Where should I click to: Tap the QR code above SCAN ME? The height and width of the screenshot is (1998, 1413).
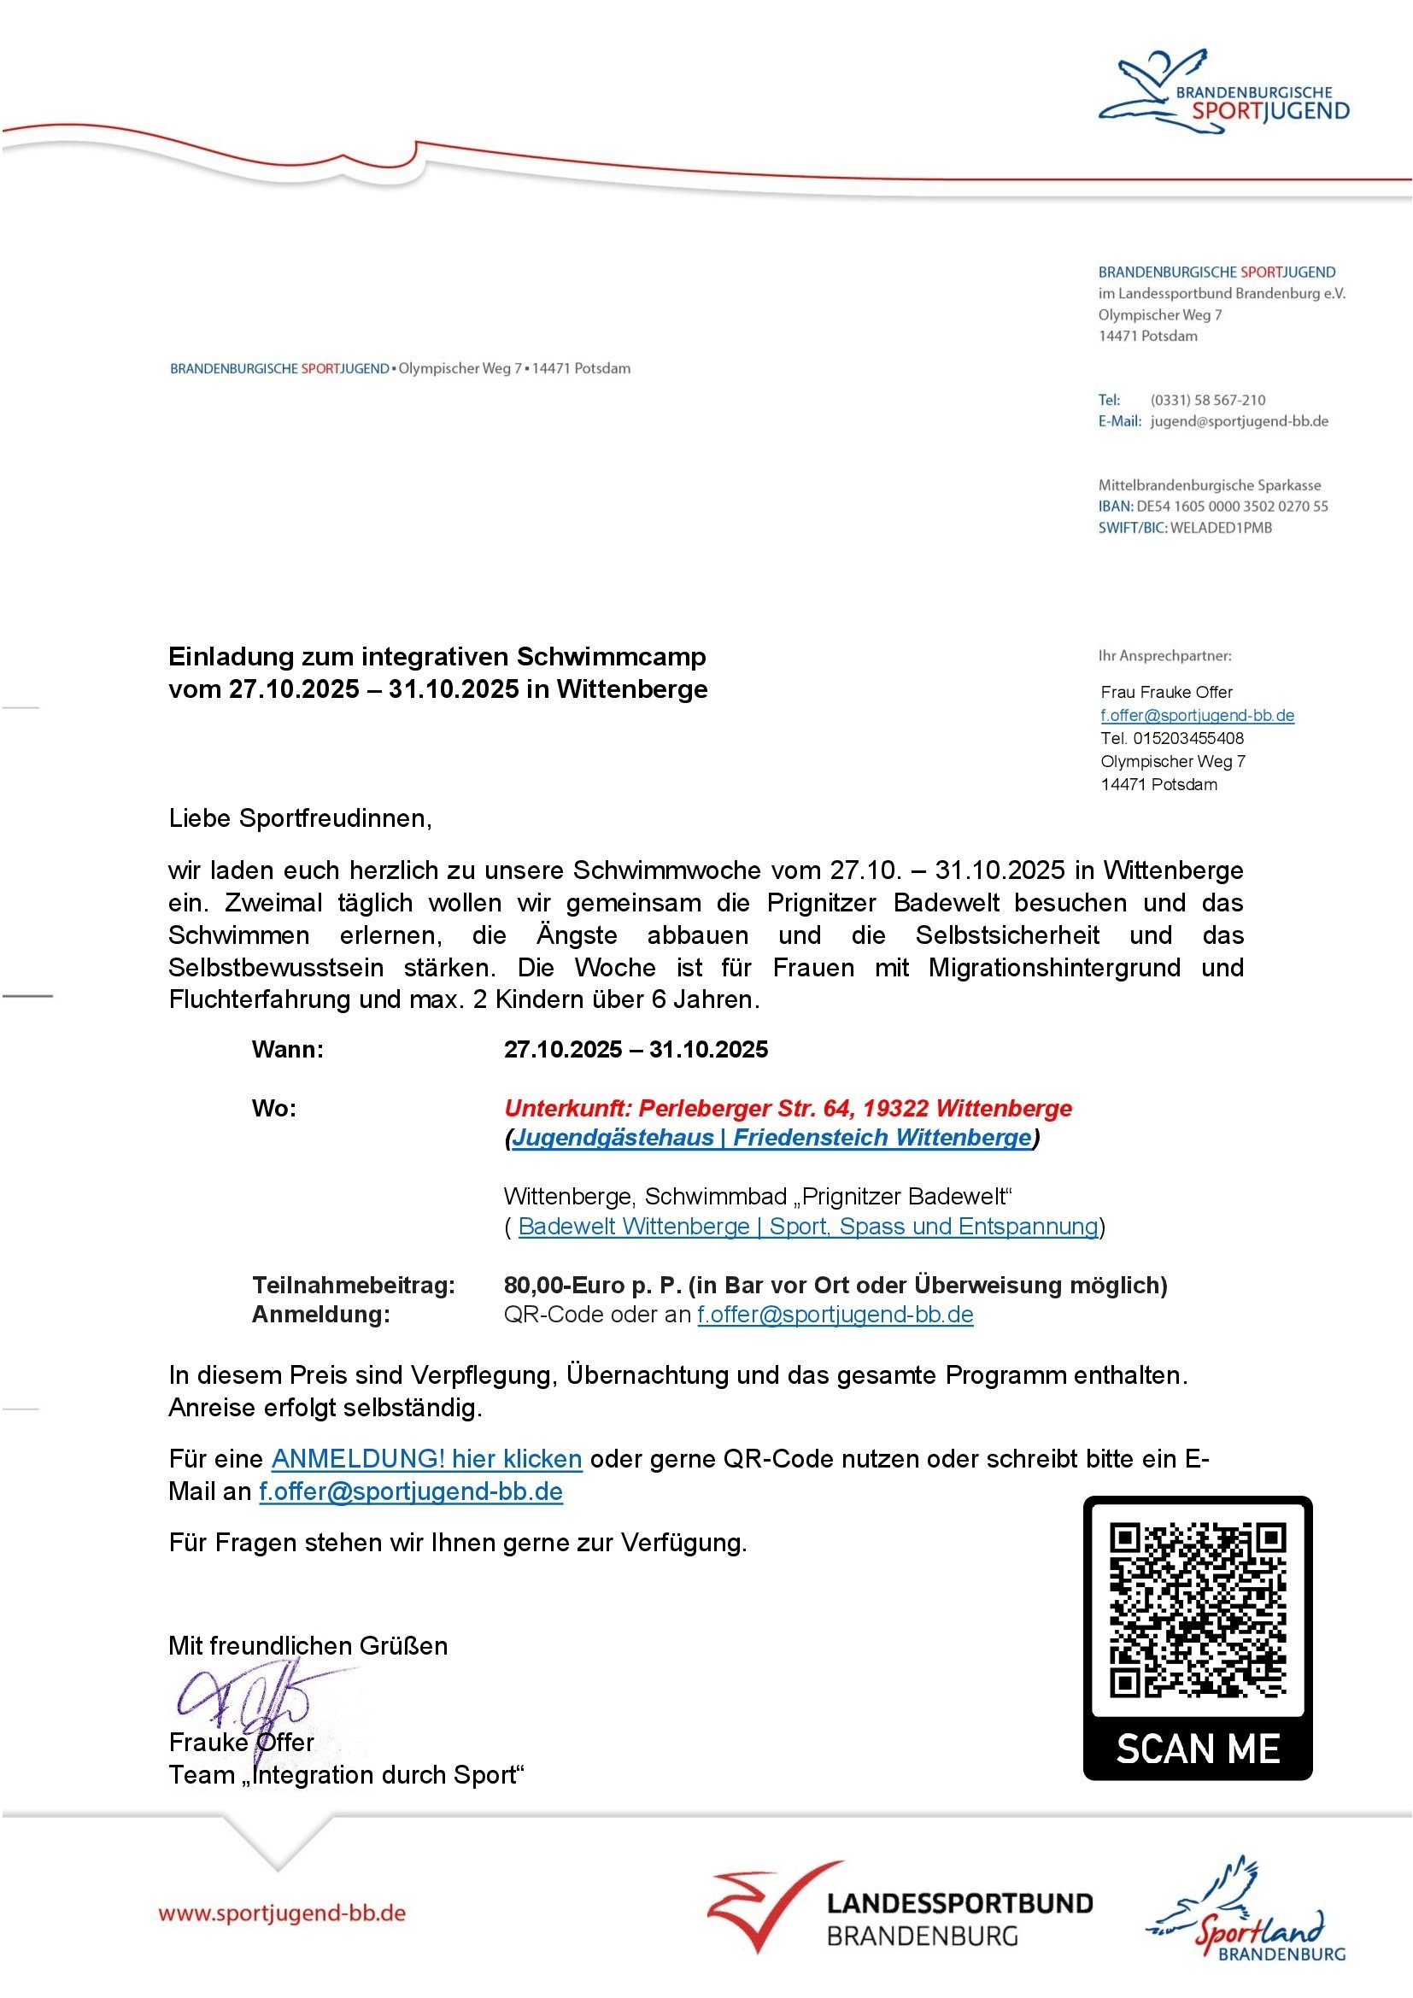pyautogui.click(x=1197, y=1609)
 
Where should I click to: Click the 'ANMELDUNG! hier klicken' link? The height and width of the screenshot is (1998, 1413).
pyautogui.click(x=426, y=1458)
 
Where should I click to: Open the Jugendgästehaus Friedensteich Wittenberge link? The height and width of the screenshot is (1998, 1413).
pyautogui.click(x=771, y=1137)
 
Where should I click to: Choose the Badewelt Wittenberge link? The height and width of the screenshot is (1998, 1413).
pyautogui.click(x=807, y=1226)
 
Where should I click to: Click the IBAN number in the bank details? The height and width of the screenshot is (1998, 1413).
pyautogui.click(x=1231, y=507)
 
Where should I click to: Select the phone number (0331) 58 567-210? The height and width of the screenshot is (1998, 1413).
pyautogui.click(x=1208, y=401)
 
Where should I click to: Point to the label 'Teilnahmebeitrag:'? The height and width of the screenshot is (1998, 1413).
pyautogui.click(x=354, y=1286)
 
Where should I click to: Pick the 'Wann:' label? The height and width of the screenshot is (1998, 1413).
pyautogui.click(x=287, y=1050)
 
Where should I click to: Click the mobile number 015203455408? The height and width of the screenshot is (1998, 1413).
pyautogui.click(x=1187, y=738)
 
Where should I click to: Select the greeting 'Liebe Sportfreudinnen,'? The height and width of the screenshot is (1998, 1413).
pyautogui.click(x=300, y=818)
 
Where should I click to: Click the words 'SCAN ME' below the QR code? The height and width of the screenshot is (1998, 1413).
pyautogui.click(x=1197, y=1749)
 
